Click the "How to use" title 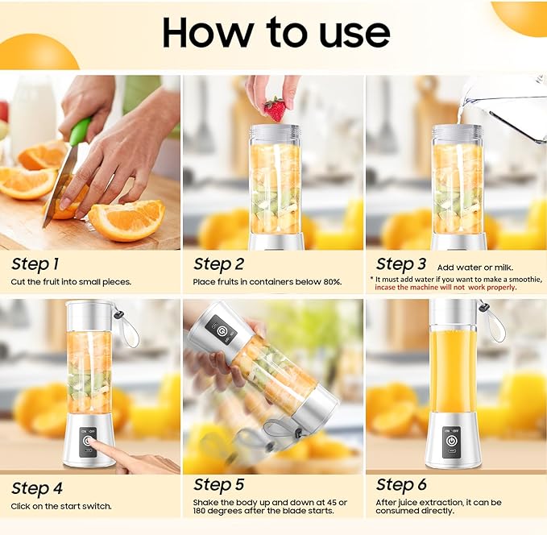[x=276, y=32]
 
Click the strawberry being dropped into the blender [x=275, y=109]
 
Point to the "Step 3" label [x=400, y=263]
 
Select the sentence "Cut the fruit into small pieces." [x=71, y=282]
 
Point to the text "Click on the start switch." [x=61, y=506]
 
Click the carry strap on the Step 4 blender [x=128, y=327]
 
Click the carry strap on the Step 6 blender [x=493, y=321]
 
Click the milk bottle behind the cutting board [x=33, y=113]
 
